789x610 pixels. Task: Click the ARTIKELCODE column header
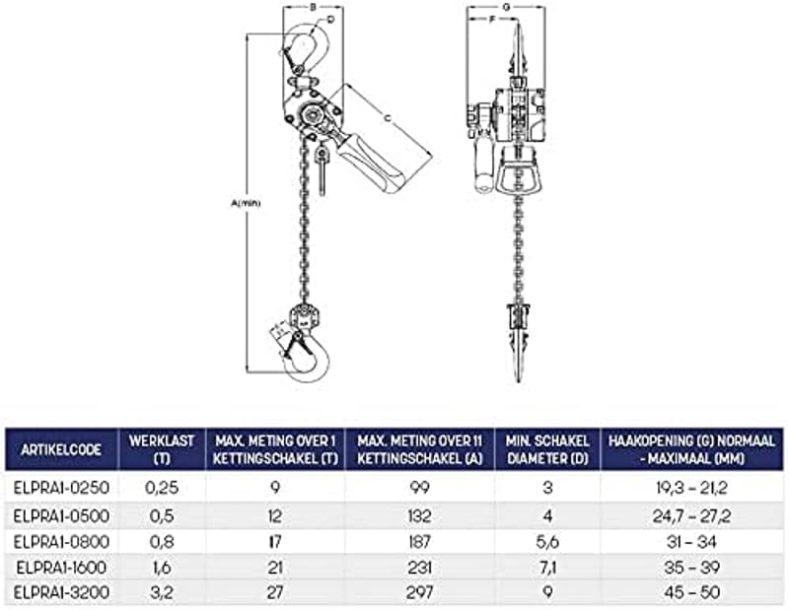61,449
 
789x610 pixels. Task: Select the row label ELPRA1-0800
61,542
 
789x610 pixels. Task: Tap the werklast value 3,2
162,592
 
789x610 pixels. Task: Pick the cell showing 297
420,592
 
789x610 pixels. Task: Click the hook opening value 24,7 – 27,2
691,515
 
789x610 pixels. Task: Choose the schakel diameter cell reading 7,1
547,568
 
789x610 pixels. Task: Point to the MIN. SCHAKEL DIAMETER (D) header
547,449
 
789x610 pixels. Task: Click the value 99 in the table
420,487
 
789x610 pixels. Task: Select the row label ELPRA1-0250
61,487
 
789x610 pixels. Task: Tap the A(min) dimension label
246,203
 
